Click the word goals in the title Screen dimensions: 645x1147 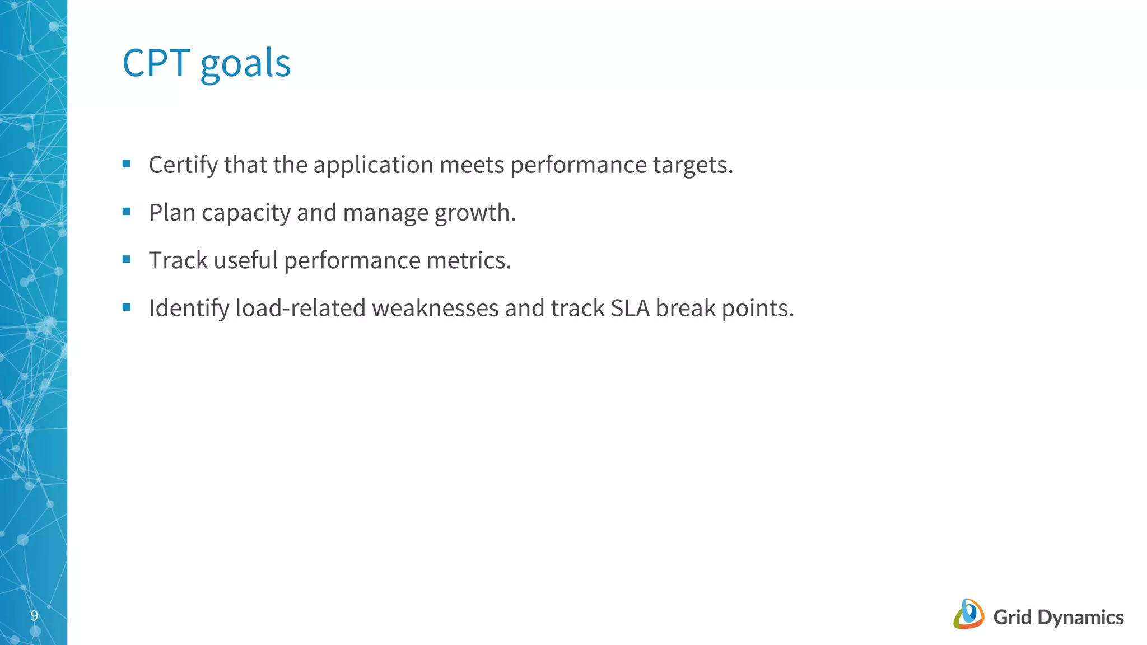click(x=245, y=64)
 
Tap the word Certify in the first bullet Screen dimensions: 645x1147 click(x=183, y=165)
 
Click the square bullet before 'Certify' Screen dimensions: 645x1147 click(x=127, y=164)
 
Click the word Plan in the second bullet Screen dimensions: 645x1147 click(x=172, y=213)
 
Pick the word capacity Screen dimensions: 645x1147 click(x=246, y=213)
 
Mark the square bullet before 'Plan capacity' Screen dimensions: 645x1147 click(x=127, y=212)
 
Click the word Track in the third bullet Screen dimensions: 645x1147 click(x=178, y=260)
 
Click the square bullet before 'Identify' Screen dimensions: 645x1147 click(x=127, y=307)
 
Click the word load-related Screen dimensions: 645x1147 click(x=300, y=308)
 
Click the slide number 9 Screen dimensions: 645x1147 click(x=34, y=616)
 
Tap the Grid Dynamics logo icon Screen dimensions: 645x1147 click(x=968, y=614)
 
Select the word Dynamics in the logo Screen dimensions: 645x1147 click(x=1080, y=618)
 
